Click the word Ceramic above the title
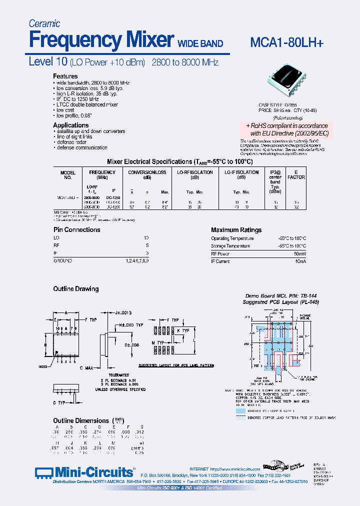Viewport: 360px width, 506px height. coord(44,23)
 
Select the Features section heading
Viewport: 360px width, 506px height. coord(65,76)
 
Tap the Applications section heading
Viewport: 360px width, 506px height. coord(71,125)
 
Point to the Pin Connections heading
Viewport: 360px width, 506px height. coord(77,230)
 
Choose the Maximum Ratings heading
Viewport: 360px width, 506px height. coord(236,230)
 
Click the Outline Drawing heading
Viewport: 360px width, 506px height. coord(76,289)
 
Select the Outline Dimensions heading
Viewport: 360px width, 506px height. coord(80,420)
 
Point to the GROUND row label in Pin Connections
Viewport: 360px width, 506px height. coord(63,261)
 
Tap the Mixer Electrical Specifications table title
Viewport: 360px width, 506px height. coord(180,162)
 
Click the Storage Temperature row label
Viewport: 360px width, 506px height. coord(230,246)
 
